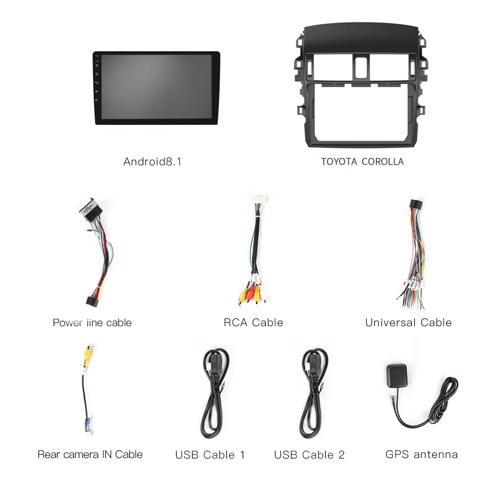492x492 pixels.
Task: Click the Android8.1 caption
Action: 153,161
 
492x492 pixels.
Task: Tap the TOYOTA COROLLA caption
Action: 362,161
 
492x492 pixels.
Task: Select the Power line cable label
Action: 92,323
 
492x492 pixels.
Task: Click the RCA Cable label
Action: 253,323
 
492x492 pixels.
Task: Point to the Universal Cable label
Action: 408,323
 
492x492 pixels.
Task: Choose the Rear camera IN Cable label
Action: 90,454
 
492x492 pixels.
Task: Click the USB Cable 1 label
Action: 210,455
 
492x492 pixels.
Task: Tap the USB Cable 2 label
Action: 309,455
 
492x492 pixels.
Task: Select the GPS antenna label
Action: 422,454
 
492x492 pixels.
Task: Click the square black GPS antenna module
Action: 397,375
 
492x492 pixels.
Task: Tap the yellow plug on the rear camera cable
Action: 88,356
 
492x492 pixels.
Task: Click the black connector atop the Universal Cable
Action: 416,205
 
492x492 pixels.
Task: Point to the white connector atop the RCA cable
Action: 260,200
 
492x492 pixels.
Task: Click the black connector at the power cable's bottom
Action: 92,301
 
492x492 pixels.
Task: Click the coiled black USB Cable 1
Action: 215,393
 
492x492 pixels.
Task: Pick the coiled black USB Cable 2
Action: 315,393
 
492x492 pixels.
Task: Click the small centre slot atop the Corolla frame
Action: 362,67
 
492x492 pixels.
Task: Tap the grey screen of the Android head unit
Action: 156,87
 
